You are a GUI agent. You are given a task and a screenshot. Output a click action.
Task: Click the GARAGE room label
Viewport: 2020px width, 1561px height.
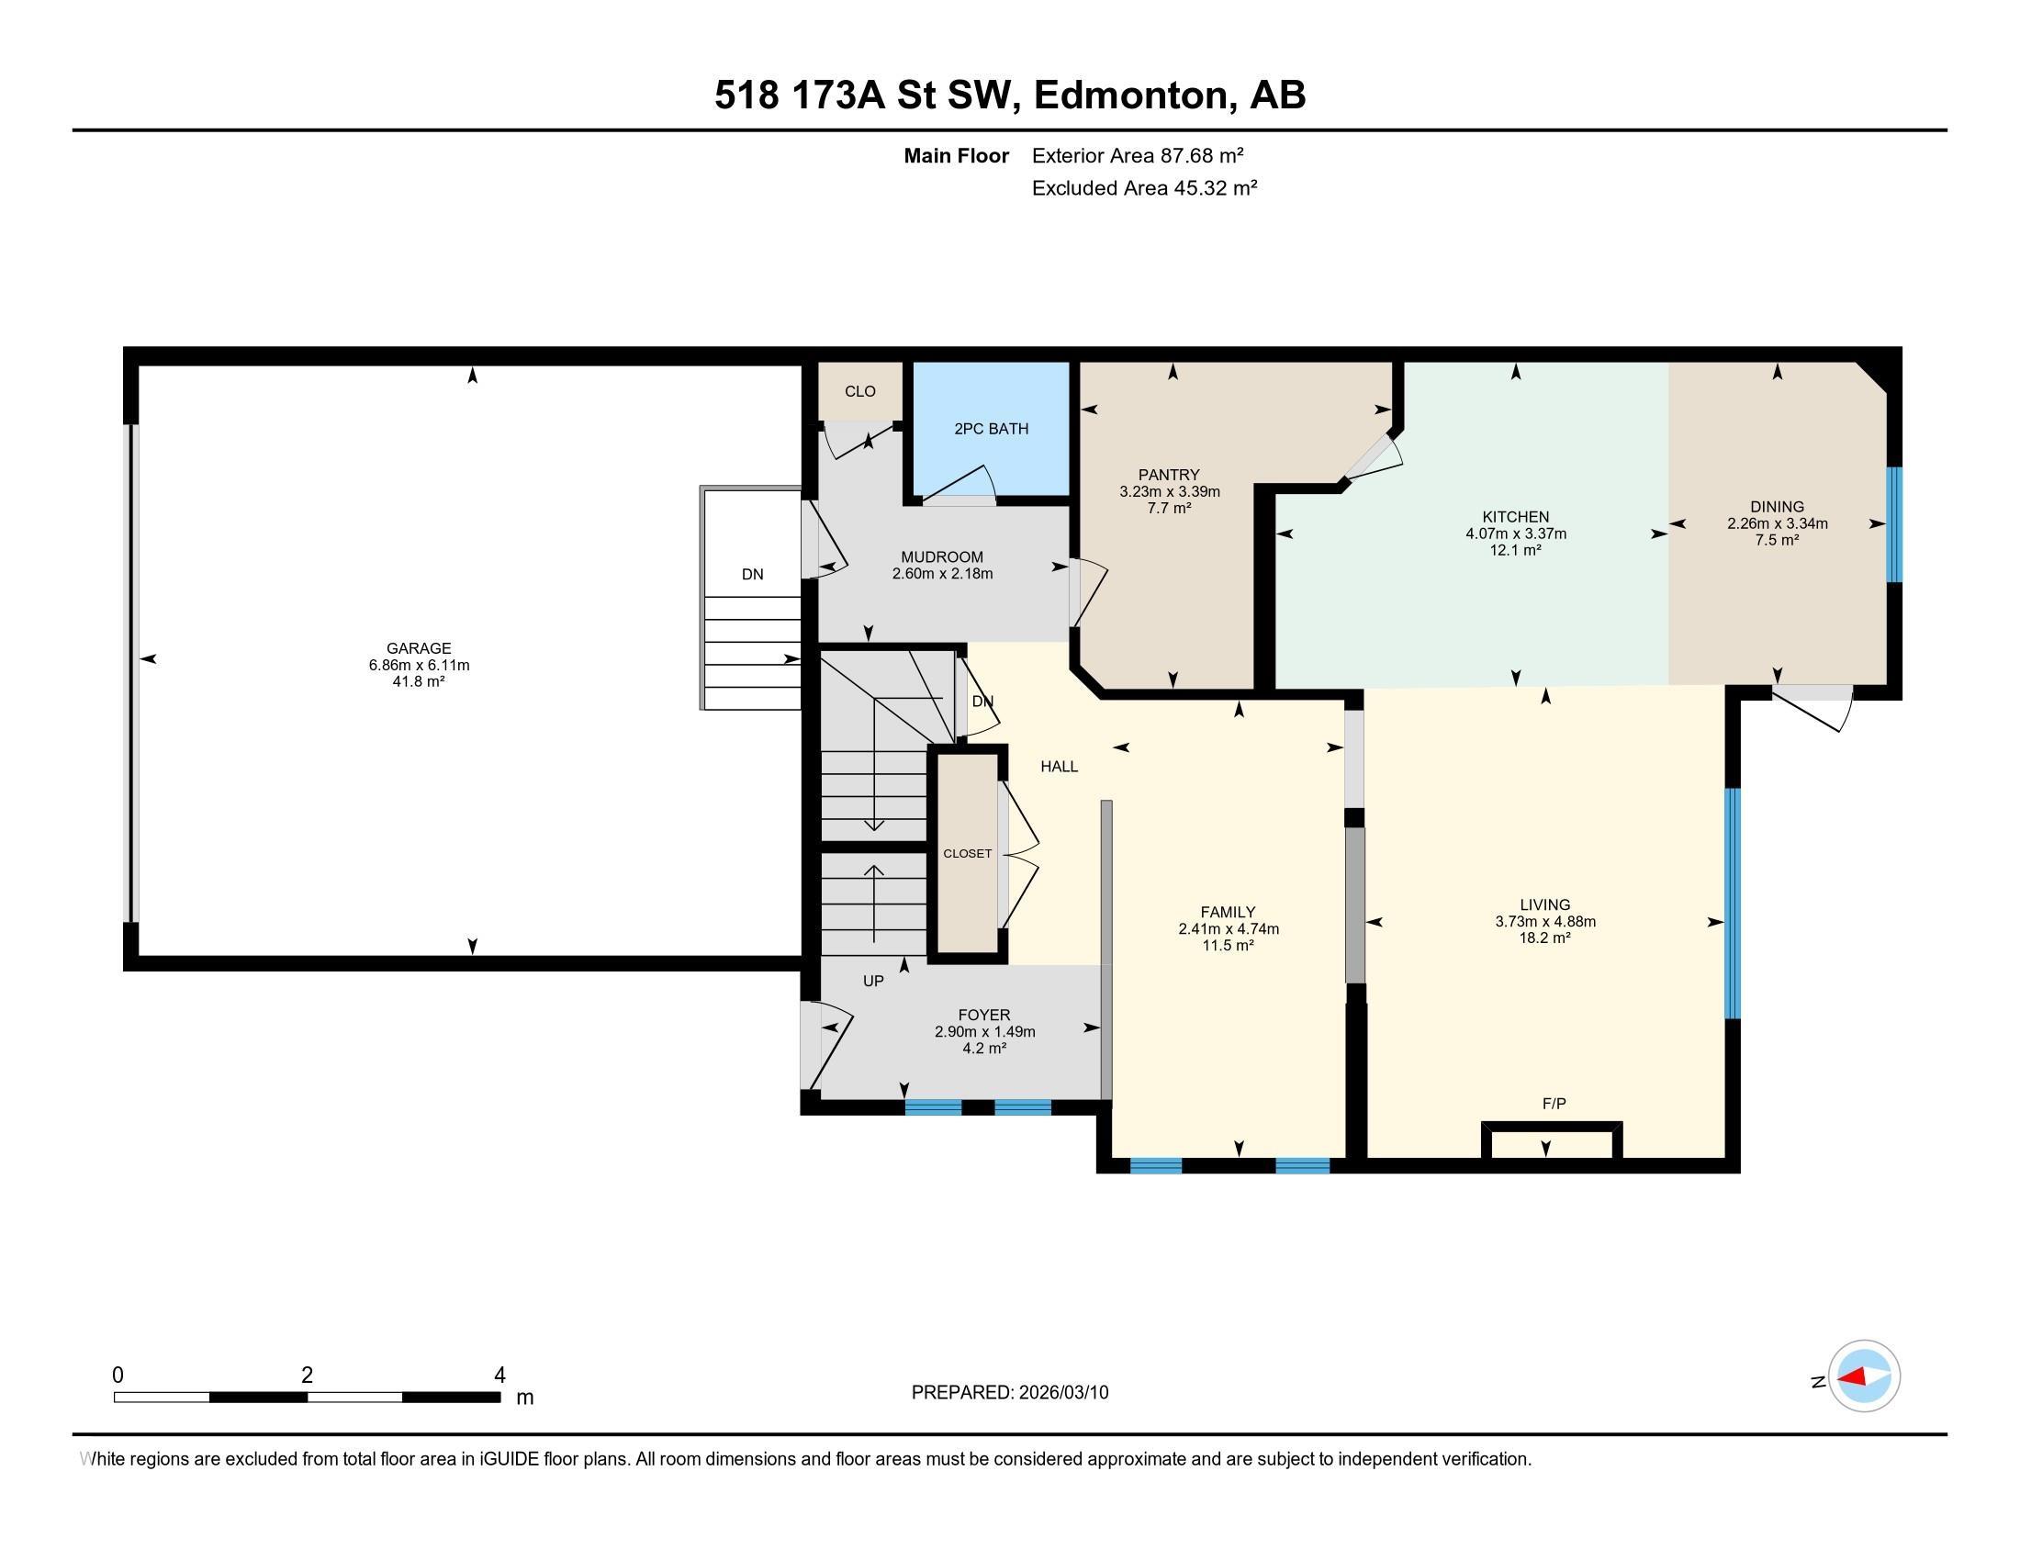coord(419,648)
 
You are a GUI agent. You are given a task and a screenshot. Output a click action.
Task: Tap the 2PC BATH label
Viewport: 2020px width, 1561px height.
coord(991,429)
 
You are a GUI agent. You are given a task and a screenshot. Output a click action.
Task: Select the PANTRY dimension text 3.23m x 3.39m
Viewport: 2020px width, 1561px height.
coord(1169,492)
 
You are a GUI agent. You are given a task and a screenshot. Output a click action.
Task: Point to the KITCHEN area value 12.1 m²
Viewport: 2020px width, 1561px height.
coord(1515,550)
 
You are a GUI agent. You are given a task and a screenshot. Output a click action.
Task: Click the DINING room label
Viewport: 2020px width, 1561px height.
coord(1777,507)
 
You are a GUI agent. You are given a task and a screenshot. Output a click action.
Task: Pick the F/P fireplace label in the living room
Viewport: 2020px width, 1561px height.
coord(1554,1103)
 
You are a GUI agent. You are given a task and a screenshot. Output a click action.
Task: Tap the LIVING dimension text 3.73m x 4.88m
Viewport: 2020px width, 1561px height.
coord(1545,921)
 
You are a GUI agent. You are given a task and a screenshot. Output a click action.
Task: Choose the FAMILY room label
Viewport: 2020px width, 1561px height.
coord(1228,912)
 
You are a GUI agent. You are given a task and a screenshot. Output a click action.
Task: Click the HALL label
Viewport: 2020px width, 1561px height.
coord(1059,767)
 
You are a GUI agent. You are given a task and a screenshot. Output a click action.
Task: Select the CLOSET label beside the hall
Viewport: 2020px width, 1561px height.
coord(968,854)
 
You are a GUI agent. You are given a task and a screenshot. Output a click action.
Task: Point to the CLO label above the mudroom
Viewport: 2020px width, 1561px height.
coord(860,391)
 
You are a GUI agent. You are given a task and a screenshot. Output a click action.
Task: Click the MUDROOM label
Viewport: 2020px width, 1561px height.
coord(941,556)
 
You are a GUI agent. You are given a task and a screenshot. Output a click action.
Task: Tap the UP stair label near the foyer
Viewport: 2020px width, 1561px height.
coord(873,982)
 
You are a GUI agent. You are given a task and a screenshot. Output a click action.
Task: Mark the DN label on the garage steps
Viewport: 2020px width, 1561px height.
coord(753,574)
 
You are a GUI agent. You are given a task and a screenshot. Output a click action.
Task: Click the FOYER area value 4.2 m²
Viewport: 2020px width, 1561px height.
coord(984,1048)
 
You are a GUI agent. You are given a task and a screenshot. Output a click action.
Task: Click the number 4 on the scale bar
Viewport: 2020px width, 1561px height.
coord(499,1376)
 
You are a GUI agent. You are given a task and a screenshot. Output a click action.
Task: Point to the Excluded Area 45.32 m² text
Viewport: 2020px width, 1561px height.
coord(1144,187)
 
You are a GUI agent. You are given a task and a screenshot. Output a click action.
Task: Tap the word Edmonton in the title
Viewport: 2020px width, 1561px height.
coord(1135,95)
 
